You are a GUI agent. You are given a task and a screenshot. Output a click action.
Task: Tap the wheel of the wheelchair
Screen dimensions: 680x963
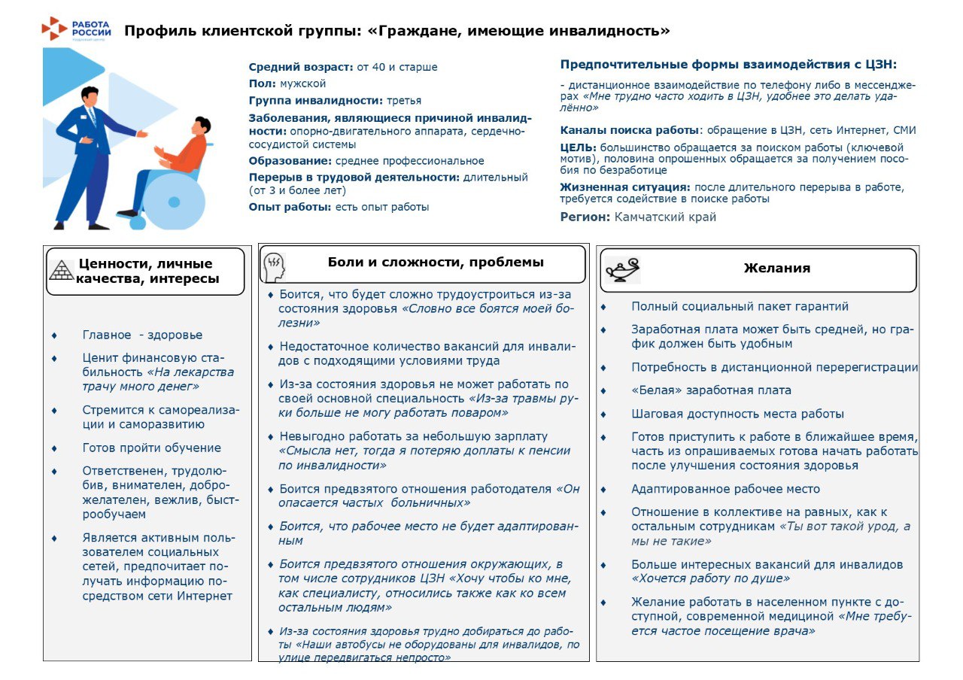click(174, 201)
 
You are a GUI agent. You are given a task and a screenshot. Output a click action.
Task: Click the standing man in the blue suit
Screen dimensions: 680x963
click(89, 158)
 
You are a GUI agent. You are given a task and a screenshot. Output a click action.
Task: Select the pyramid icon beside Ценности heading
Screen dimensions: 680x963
click(62, 270)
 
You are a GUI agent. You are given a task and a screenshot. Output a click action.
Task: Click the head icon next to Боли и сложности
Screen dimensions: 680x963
click(274, 265)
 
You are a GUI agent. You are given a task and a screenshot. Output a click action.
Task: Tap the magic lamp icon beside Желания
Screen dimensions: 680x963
click(622, 269)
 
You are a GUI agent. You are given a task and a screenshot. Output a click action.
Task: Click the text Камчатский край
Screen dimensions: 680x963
click(665, 217)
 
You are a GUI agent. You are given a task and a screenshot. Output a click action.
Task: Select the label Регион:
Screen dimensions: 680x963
click(585, 217)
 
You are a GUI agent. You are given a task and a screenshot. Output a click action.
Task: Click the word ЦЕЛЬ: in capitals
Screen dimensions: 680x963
click(578, 147)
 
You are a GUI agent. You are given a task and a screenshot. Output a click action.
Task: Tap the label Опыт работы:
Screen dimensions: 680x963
click(290, 207)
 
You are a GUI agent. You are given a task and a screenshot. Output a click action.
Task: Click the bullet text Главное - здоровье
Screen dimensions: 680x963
click(142, 335)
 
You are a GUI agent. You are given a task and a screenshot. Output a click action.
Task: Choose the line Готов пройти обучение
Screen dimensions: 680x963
click(151, 448)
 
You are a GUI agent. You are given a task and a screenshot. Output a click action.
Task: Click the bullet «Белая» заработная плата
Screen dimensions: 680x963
click(711, 390)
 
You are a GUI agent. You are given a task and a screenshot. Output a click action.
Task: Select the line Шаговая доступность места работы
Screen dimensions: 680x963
click(737, 414)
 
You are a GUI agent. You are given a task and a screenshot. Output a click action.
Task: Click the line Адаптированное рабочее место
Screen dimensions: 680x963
click(725, 489)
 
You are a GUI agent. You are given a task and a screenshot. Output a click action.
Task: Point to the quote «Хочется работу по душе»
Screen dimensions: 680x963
click(710, 579)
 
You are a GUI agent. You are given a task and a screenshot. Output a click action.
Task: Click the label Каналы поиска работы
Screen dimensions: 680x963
click(629, 130)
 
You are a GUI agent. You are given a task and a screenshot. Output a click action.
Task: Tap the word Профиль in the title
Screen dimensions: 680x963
click(158, 31)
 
